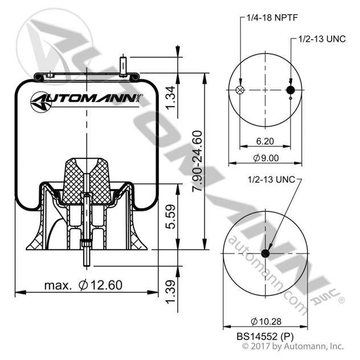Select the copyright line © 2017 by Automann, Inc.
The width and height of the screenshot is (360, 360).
point(293,345)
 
